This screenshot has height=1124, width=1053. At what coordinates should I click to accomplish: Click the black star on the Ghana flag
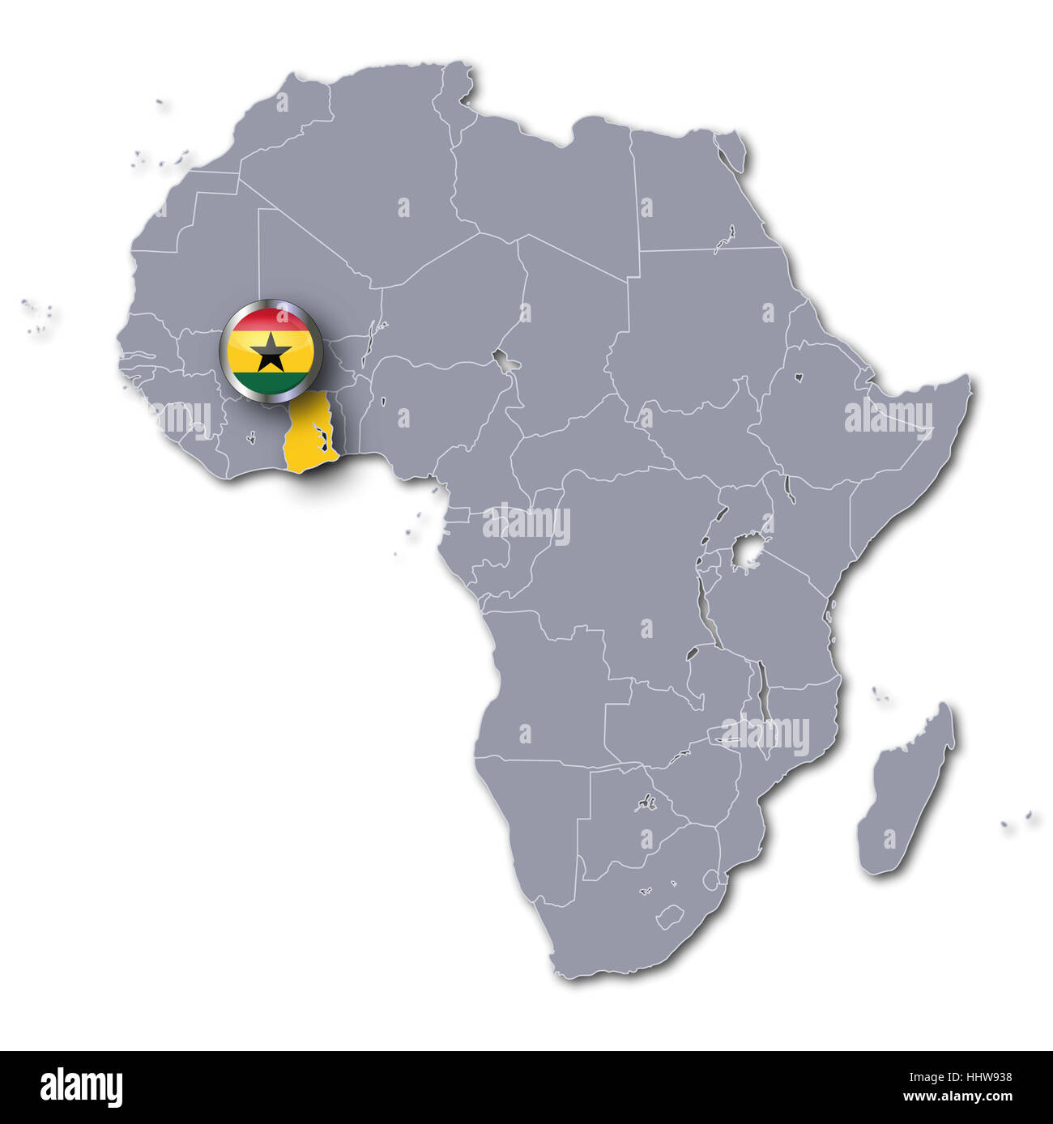271,352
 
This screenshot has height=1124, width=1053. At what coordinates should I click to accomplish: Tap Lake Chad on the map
508,362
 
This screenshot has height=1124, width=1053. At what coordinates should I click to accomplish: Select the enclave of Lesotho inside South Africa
667,918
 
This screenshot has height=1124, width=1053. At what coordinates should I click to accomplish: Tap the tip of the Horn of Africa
969,380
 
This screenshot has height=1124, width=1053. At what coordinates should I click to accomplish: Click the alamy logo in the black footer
82,1086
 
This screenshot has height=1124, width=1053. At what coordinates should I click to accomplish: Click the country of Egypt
688,194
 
